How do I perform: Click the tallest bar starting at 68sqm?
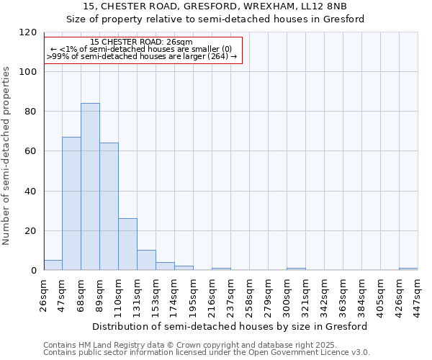90,187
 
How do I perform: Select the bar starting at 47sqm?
71,204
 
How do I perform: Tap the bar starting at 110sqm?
127,244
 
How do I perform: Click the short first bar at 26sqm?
53,265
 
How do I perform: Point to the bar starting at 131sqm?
146,260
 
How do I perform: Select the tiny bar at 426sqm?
408,269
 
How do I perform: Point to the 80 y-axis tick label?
31,112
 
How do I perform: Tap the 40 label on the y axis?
31,192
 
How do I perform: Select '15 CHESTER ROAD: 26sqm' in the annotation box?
142,42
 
